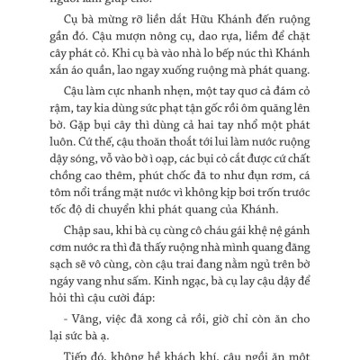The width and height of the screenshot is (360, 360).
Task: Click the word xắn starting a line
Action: click(61, 94)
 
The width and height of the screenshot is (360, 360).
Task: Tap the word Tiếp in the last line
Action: click(78, 356)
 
